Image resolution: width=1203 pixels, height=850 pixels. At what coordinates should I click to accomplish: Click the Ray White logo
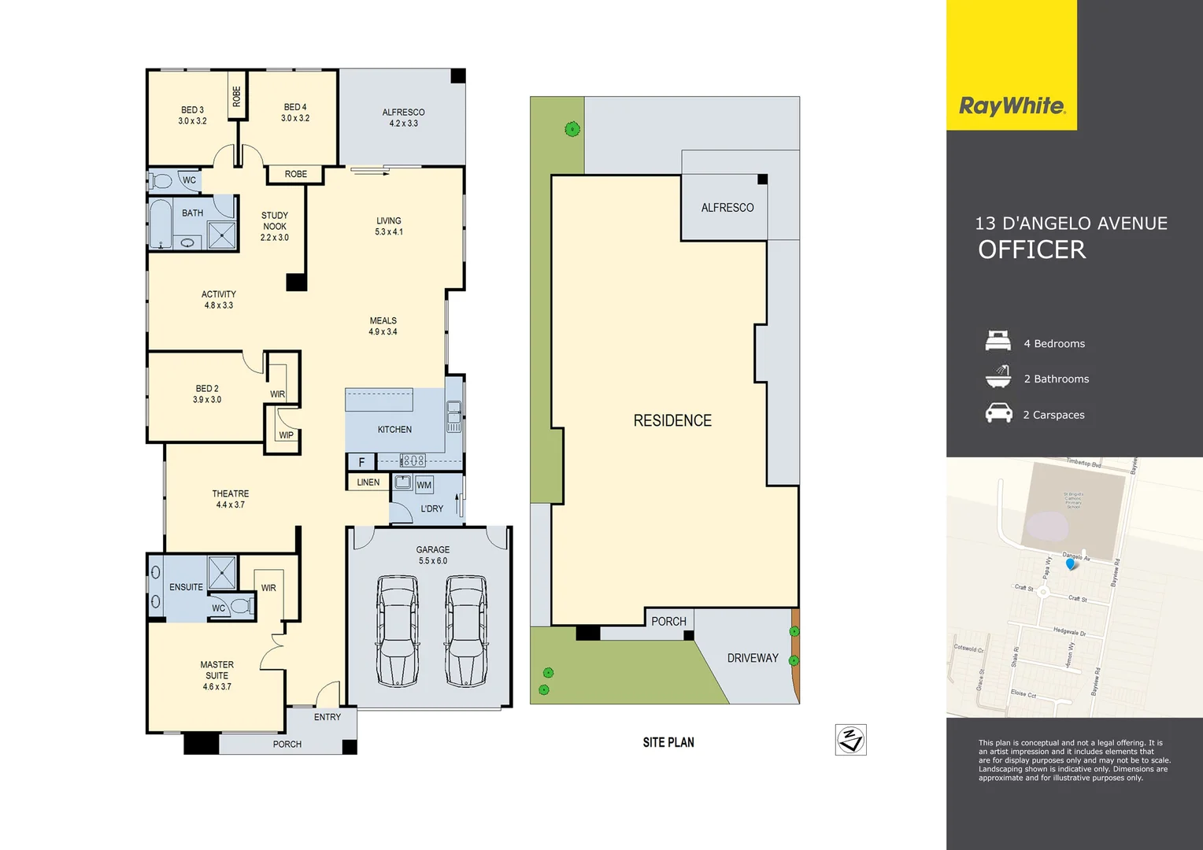click(1012, 105)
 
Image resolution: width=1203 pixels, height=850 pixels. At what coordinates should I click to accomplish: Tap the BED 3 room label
click(192, 115)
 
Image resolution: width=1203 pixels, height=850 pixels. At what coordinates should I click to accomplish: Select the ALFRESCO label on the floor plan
click(403, 117)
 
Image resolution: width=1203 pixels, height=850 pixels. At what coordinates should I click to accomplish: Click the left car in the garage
click(397, 630)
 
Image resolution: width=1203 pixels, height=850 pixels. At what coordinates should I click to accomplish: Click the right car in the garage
click(466, 630)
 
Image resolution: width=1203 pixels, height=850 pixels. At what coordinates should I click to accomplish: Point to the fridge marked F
click(361, 462)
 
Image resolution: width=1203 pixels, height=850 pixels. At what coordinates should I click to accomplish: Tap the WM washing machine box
click(424, 485)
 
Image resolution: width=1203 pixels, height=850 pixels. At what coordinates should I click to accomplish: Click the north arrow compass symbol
click(850, 740)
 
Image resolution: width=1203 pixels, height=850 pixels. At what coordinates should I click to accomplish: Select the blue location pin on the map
click(1070, 564)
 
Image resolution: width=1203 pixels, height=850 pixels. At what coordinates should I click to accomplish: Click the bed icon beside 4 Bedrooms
click(998, 342)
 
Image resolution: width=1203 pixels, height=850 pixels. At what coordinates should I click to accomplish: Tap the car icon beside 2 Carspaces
click(998, 413)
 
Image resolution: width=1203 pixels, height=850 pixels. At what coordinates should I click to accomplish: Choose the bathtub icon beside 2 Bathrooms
click(998, 377)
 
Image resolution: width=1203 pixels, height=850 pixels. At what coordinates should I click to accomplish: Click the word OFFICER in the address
click(1031, 249)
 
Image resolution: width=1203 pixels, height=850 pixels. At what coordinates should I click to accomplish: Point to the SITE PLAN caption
click(668, 742)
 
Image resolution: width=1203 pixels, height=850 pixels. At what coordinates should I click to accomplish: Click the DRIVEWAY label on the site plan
click(752, 658)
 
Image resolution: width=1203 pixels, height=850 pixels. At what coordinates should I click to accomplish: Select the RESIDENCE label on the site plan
click(672, 421)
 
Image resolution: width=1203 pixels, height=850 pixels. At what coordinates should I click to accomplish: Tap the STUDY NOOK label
click(275, 226)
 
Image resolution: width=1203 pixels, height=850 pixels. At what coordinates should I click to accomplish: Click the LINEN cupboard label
click(368, 482)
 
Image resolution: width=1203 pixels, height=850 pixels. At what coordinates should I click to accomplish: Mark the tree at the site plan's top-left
click(572, 129)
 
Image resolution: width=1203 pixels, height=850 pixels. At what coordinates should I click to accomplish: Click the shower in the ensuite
click(222, 572)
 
